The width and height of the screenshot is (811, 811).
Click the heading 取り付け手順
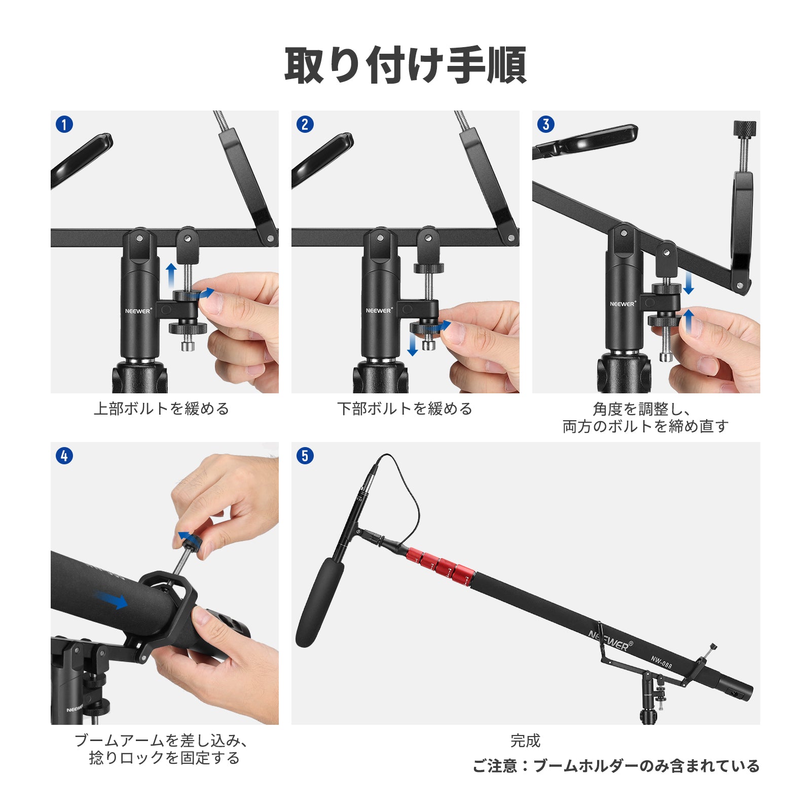coord(405,65)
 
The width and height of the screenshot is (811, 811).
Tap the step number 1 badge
coord(64,124)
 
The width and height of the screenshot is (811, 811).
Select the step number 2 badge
coord(305,124)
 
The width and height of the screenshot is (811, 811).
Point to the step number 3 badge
coord(546,124)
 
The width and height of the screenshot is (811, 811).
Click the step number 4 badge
coord(64,456)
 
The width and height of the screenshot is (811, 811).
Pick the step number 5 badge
coord(305,456)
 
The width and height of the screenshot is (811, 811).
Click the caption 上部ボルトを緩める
coord(162,409)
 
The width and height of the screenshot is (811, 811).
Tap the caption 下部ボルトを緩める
coord(405,409)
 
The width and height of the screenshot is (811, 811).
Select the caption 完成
coord(526,741)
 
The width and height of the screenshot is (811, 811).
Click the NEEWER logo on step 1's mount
coord(138,311)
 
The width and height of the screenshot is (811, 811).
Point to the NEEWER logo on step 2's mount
coord(379,310)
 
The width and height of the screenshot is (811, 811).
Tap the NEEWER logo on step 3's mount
coord(623,304)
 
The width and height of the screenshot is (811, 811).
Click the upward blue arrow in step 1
coord(171,275)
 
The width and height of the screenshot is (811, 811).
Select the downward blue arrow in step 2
coord(413,344)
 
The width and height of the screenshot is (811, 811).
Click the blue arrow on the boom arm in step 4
coord(113,600)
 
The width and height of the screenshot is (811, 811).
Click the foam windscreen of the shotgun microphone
coord(320,603)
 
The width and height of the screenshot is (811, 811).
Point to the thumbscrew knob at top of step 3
coord(745,128)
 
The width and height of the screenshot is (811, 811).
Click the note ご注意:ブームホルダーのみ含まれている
coord(616,766)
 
